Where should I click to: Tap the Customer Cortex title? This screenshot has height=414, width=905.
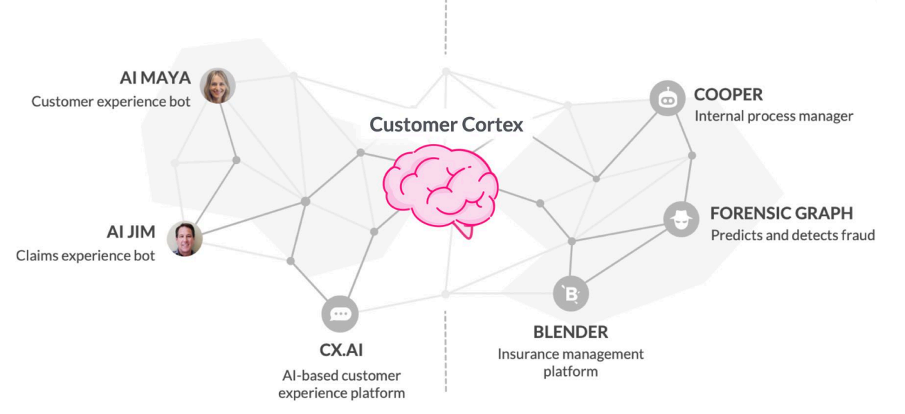click(446, 125)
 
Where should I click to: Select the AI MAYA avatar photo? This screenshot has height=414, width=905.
click(218, 85)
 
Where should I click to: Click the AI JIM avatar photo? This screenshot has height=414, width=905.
click(184, 238)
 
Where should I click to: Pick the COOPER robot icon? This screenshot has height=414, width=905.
click(667, 98)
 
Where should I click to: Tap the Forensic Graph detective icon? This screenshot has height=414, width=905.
click(681, 219)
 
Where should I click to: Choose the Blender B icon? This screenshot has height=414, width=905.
click(571, 294)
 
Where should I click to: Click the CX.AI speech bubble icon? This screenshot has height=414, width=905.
click(340, 314)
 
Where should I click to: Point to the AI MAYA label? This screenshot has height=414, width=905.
click(155, 78)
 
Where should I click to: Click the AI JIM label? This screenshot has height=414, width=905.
click(131, 232)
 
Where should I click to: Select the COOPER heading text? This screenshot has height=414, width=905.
click(728, 94)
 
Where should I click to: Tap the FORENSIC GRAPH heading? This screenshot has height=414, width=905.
click(781, 213)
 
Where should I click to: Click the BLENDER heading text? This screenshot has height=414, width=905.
click(570, 332)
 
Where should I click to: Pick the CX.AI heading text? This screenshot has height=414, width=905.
click(341, 350)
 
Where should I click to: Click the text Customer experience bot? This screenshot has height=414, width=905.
click(111, 101)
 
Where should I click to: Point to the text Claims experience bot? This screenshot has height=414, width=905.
click(85, 256)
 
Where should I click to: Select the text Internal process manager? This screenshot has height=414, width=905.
click(774, 116)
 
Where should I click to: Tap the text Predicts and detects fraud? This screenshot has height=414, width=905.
click(793, 235)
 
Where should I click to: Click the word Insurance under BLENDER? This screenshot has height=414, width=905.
click(527, 354)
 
